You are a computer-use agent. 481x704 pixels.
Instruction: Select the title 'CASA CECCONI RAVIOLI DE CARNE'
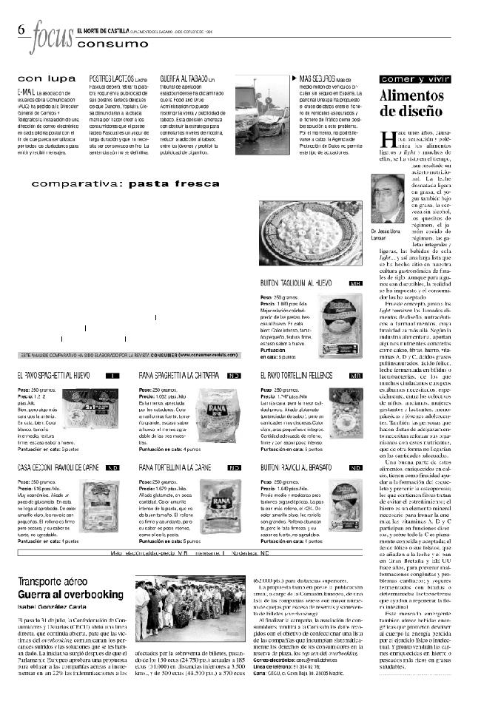[59, 468]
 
